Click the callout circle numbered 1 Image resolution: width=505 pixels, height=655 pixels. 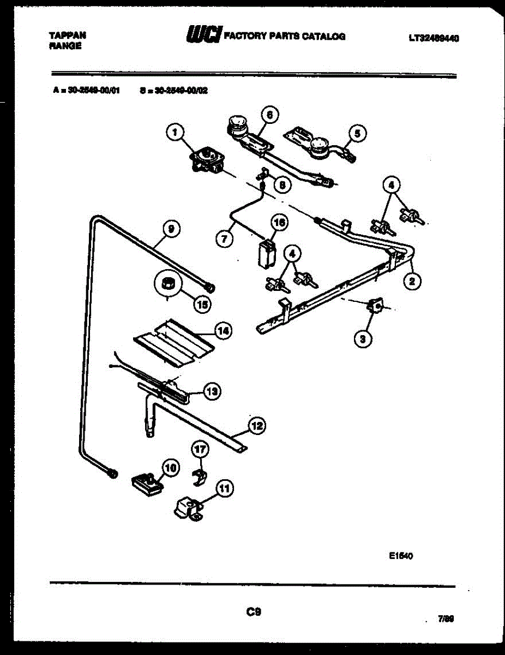point(175,132)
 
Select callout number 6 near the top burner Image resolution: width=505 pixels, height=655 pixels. point(269,115)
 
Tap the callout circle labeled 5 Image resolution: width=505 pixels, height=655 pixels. point(357,132)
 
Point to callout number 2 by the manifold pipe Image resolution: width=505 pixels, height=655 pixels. point(412,281)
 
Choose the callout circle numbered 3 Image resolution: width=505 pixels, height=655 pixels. point(362,339)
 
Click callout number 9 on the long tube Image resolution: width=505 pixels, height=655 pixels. point(171,230)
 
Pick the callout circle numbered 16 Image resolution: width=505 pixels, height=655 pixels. point(280,223)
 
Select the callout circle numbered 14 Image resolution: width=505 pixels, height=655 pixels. point(223,330)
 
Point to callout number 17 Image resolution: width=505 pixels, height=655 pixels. point(200,449)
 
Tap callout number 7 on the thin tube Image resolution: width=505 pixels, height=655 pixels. point(222,239)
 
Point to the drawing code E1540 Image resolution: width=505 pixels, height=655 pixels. point(401,557)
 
